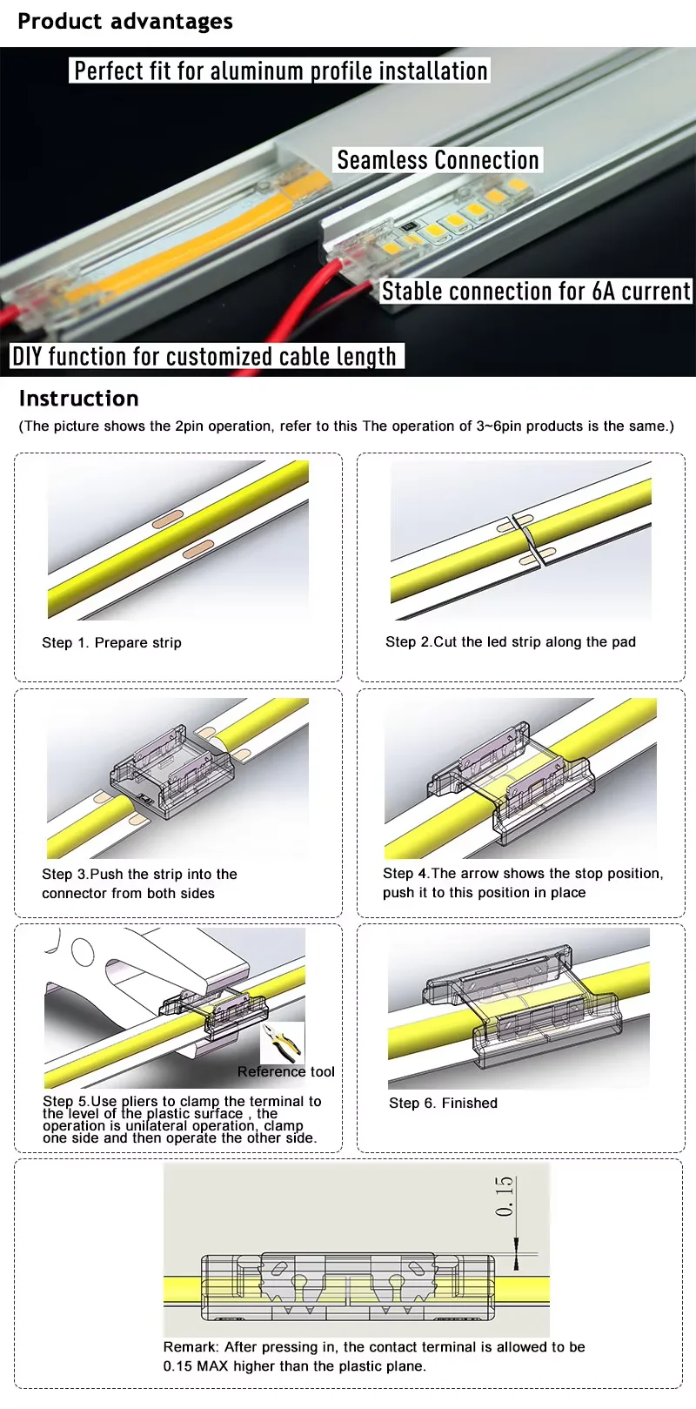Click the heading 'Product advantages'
pyautogui.click(x=125, y=22)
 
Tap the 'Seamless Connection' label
pyautogui.click(x=438, y=160)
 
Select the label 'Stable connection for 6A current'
pyautogui.click(x=536, y=291)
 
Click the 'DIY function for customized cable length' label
pyautogui.click(x=205, y=356)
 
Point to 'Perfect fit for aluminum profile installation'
pyautogui.click(x=280, y=70)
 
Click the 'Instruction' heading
pyautogui.click(x=79, y=399)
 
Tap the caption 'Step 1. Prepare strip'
pyautogui.click(x=111, y=643)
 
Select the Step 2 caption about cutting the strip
pyautogui.click(x=511, y=642)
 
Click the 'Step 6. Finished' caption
pyautogui.click(x=443, y=1104)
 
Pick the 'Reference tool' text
pyautogui.click(x=286, y=1072)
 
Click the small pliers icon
pyautogui.click(x=282, y=1043)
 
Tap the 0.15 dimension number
pyautogui.click(x=505, y=1197)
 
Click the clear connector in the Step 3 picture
pyautogui.click(x=172, y=771)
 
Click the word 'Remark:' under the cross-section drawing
pyautogui.click(x=191, y=1347)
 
